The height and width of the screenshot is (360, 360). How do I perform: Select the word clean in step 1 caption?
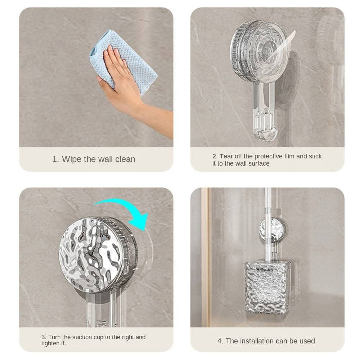(x=125, y=159)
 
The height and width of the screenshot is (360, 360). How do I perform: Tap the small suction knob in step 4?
(x=273, y=230)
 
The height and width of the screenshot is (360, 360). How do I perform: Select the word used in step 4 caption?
(x=307, y=341)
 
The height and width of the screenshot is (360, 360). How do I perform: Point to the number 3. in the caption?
(x=44, y=337)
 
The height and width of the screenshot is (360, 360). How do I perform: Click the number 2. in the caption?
(x=215, y=156)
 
